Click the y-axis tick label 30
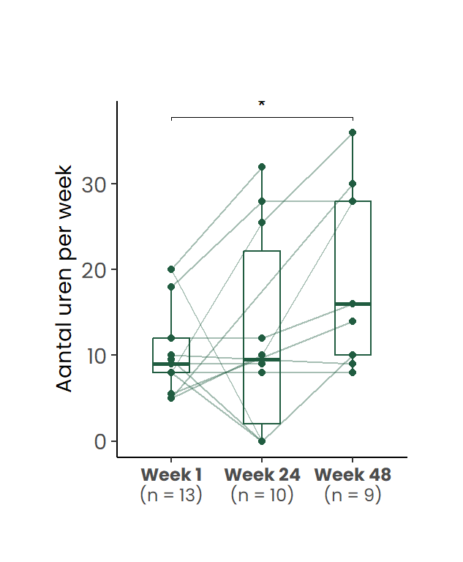point(94,184)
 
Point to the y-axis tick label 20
point(94,269)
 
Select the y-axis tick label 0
point(100,441)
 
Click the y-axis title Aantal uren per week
point(65,277)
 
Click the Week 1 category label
point(171,474)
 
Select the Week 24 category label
point(262,474)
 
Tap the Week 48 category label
point(353,474)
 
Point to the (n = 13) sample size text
point(171,495)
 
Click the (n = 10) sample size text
point(262,495)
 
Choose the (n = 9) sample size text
point(353,495)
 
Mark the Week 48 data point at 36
point(353,132)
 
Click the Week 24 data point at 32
point(262,167)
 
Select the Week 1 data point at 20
point(171,269)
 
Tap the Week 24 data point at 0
point(262,441)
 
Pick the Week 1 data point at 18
point(171,287)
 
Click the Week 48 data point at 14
point(353,321)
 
